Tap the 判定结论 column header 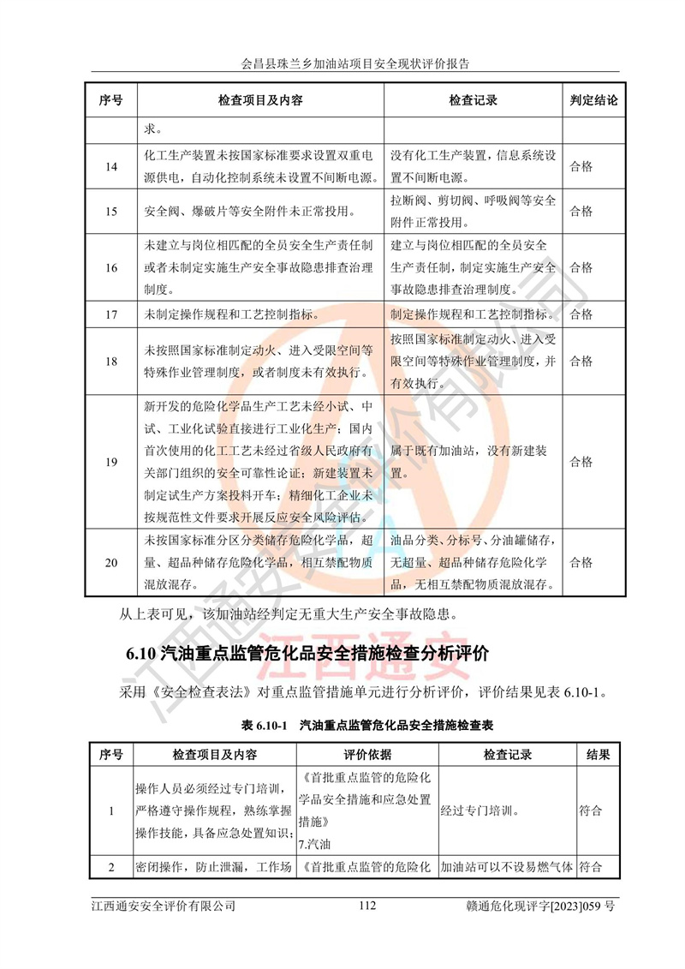pos(593,100)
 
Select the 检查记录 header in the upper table pos(473,100)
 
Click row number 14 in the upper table pos(111,167)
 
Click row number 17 pos(111,314)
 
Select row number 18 pos(111,361)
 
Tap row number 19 pos(111,462)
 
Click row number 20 pos(111,562)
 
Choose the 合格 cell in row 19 pos(581,462)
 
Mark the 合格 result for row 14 pos(581,167)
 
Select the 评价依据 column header pos(367,755)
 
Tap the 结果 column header pos(598,755)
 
